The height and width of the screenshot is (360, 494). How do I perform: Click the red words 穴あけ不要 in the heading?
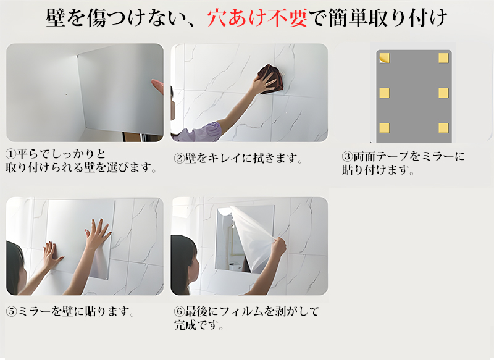coord(257,18)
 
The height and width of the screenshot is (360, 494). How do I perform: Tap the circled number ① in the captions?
coord(10,154)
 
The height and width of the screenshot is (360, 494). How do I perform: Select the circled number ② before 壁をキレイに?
coord(179,158)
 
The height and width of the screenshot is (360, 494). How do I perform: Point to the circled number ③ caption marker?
coord(347,156)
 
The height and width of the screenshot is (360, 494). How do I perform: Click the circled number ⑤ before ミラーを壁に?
coord(11,311)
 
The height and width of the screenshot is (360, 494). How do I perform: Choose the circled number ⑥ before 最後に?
coord(179,311)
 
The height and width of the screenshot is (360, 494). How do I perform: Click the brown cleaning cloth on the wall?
coord(270,78)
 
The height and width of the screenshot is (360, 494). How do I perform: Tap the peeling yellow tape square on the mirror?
coord(384,58)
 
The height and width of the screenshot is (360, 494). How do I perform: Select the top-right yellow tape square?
coord(443,58)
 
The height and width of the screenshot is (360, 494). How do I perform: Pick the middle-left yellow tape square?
coord(384,93)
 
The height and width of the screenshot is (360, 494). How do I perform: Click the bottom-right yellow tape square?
coord(443,128)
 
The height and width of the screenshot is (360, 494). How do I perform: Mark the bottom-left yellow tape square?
coord(384,128)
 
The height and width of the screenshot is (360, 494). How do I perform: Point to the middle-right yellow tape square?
coord(443,93)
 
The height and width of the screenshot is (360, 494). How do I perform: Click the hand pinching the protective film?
coord(278,247)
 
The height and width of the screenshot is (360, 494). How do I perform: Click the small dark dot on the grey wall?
coord(66,94)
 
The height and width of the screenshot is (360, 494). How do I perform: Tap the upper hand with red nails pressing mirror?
coord(97,234)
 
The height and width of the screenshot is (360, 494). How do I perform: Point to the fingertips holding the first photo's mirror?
coord(157,86)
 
